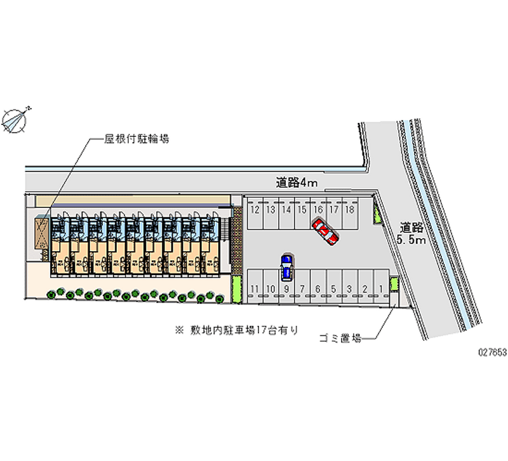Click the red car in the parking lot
tap(324, 231)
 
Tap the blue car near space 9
tap(287, 267)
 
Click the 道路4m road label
tap(297, 183)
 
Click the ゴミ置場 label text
tap(340, 339)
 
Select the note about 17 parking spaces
tap(238, 330)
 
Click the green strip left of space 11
tap(236, 290)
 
